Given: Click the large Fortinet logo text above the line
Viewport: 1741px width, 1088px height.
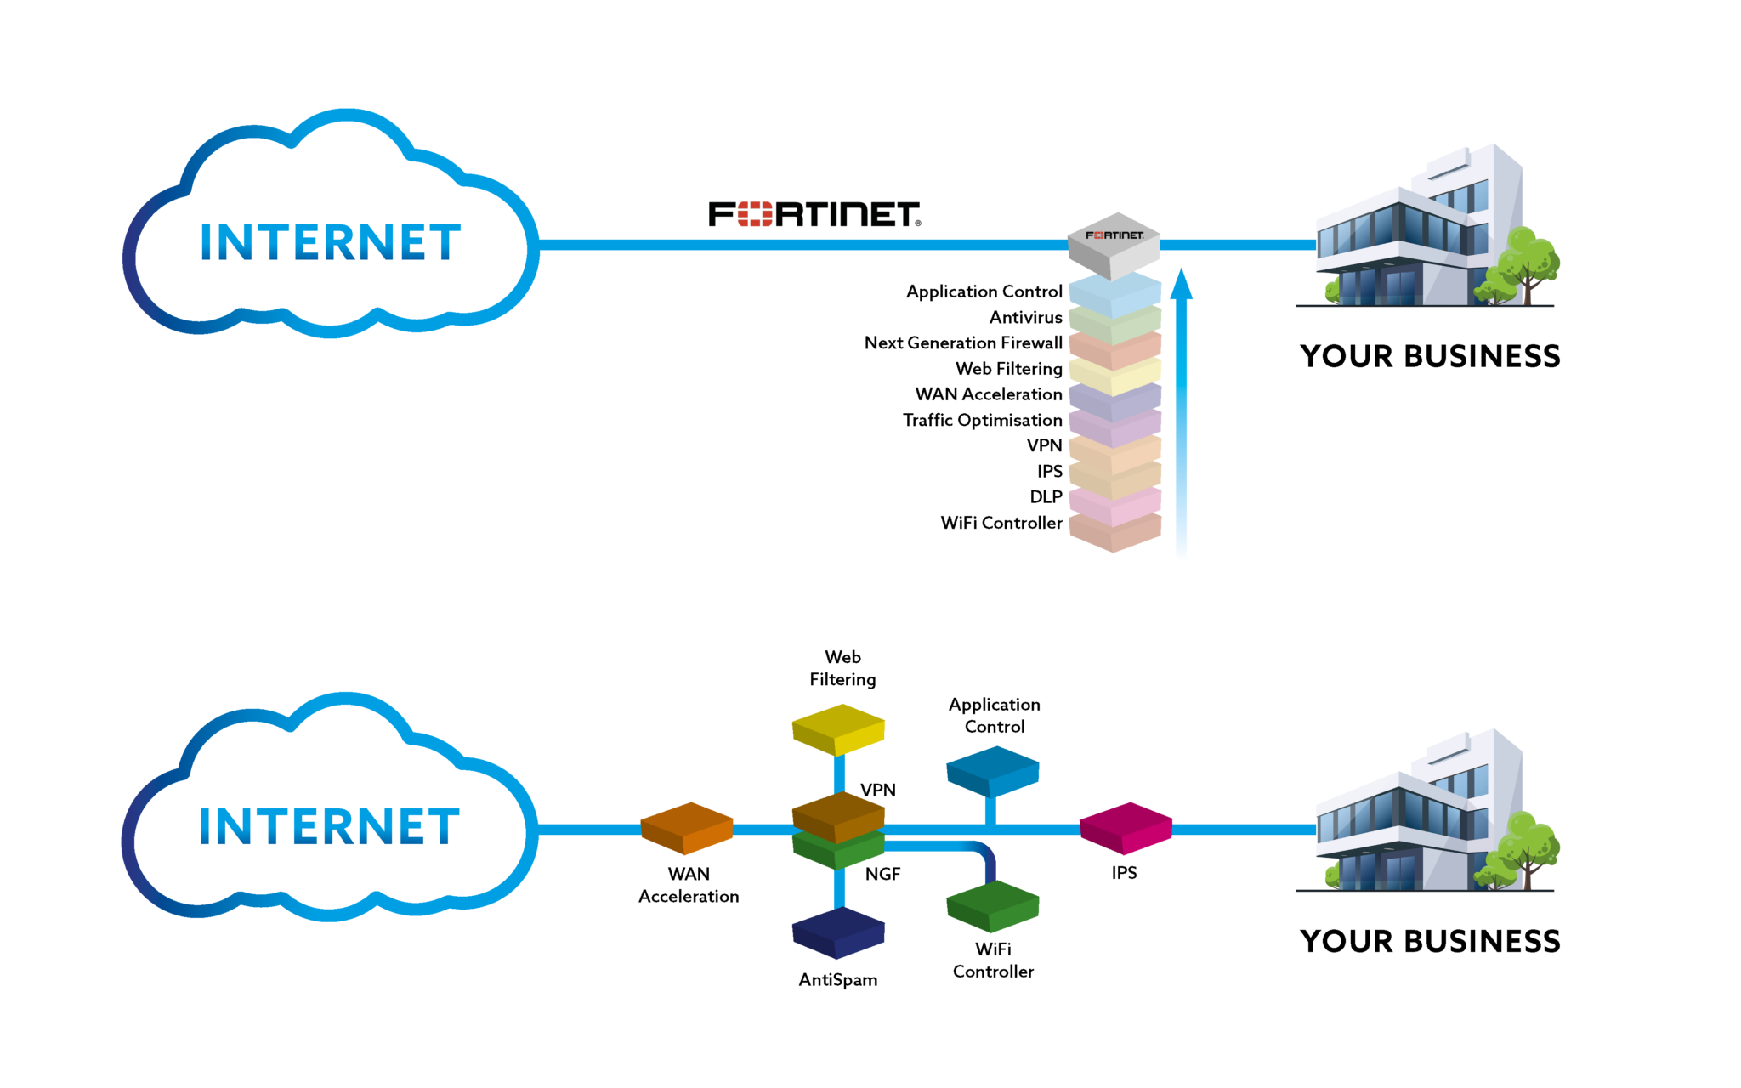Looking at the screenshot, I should click(814, 214).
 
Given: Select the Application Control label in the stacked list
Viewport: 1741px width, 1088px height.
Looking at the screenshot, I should click(984, 292).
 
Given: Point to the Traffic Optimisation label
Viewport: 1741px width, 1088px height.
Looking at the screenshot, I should click(982, 420).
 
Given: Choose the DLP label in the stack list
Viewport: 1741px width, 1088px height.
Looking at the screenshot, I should click(1046, 496).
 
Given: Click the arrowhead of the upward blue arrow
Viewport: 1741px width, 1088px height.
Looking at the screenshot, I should click(1181, 286).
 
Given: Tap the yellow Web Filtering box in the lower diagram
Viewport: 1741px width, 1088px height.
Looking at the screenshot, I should click(838, 729).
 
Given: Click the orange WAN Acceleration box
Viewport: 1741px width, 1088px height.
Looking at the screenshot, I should click(686, 827).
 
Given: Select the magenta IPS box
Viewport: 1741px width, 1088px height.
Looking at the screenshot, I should click(1126, 827).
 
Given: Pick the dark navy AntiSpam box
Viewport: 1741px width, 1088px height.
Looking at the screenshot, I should click(838, 932).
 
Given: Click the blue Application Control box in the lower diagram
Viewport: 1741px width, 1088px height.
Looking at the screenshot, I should click(992, 770).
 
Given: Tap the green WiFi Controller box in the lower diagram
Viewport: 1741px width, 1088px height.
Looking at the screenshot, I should click(992, 905).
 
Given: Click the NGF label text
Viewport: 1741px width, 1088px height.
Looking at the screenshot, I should click(882, 874).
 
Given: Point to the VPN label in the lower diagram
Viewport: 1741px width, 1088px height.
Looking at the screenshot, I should click(877, 790).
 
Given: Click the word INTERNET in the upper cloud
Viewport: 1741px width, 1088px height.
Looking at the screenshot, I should click(330, 242).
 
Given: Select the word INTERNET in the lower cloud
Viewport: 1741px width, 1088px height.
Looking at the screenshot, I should click(329, 827).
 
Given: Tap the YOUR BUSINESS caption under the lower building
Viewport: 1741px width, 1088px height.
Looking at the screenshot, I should click(1430, 941).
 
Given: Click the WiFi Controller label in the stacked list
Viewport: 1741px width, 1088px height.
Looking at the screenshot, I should click(1001, 523).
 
